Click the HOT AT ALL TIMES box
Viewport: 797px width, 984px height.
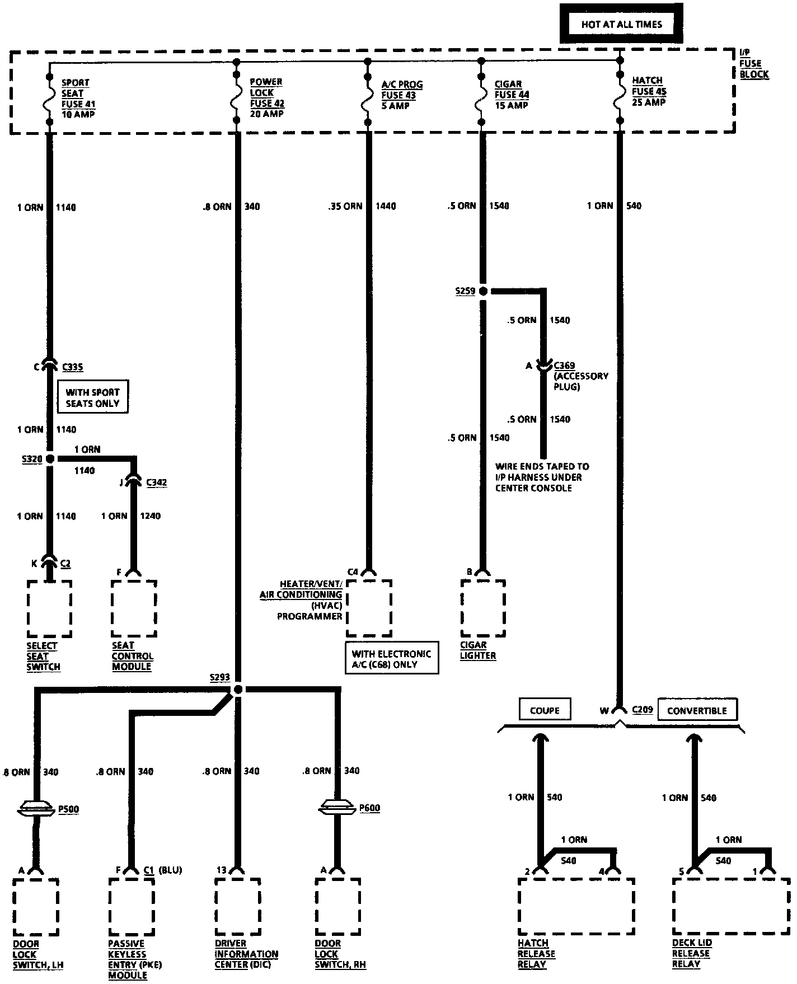[x=621, y=24]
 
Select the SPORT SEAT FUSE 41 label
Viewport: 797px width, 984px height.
[x=78, y=98]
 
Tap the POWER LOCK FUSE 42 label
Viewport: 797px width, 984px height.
[x=266, y=97]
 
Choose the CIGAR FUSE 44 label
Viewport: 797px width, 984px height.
[x=512, y=95]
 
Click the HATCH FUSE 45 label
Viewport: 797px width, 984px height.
[x=649, y=91]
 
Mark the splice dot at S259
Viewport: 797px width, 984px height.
[x=483, y=291]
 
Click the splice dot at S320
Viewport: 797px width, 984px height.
[x=50, y=459]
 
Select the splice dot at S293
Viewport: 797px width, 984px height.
[x=238, y=689]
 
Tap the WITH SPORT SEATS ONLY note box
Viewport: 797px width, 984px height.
[x=93, y=397]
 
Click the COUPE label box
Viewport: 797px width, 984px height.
[x=544, y=710]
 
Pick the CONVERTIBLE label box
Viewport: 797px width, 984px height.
[x=697, y=710]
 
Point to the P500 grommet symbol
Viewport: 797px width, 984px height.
[x=37, y=808]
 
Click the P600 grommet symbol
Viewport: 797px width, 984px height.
[x=337, y=807]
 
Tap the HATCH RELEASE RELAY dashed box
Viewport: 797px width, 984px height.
[x=576, y=906]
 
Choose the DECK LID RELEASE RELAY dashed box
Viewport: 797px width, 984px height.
[x=730, y=906]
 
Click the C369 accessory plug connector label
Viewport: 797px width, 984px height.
[x=564, y=366]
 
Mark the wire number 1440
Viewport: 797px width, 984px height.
[x=386, y=206]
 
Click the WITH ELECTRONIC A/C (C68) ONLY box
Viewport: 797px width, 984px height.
[x=391, y=659]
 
